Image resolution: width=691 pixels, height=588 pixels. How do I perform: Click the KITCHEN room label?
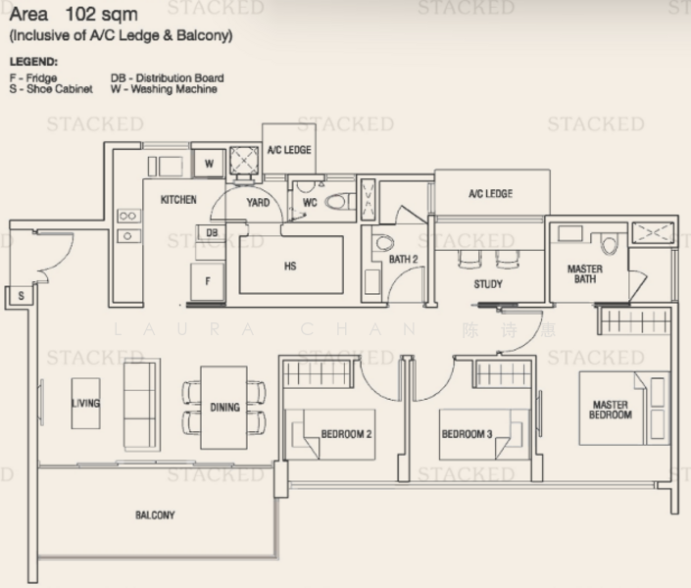pos(178,200)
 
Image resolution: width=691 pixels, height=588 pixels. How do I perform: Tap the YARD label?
pos(258,203)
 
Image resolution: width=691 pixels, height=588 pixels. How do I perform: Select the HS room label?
pos(290,267)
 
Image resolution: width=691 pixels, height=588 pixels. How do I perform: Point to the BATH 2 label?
pos(404,260)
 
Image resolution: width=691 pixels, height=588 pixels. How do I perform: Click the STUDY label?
pos(487,284)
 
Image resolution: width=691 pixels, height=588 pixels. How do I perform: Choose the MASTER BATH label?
pos(585,274)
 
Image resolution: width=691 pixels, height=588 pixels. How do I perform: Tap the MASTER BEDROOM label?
pos(610,410)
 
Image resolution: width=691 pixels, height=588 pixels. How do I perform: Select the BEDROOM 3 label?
pos(467,433)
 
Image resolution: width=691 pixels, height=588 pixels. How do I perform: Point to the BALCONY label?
pos(155,514)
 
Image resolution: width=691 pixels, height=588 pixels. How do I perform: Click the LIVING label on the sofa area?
pos(85,403)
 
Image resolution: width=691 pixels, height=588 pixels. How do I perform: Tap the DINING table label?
pos(224,407)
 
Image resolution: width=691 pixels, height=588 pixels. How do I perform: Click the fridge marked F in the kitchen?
pos(208,280)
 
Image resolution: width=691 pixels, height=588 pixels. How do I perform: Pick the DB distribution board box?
pos(212,232)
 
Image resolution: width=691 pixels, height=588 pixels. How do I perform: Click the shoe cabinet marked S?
pos(20,294)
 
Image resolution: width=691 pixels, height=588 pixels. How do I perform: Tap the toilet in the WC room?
pos(338,202)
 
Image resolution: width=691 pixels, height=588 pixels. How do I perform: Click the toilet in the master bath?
pos(610,243)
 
